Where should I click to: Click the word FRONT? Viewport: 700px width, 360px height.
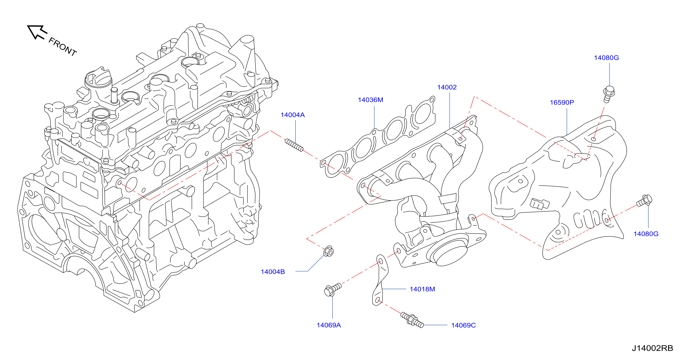pos(63,47)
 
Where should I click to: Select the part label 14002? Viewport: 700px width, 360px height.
pos(447,87)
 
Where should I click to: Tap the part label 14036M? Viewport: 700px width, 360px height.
pos(370,100)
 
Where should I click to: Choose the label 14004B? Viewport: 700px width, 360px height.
pos(273,272)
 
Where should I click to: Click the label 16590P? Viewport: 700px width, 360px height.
pos(562,102)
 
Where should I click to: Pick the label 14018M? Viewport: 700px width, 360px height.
pos(422,289)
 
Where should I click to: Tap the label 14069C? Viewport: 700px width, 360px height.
pos(463,325)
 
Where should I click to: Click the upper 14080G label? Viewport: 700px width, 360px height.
pos(606,57)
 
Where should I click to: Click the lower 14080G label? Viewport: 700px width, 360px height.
pos(646,234)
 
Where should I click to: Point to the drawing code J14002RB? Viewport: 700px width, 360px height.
pos(652,348)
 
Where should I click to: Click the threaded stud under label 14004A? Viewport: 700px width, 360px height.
pos(294,145)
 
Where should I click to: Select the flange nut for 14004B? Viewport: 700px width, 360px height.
pos(328,251)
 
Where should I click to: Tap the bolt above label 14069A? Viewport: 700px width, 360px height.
pos(333,290)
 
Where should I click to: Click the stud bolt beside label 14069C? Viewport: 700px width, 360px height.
pos(412,320)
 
